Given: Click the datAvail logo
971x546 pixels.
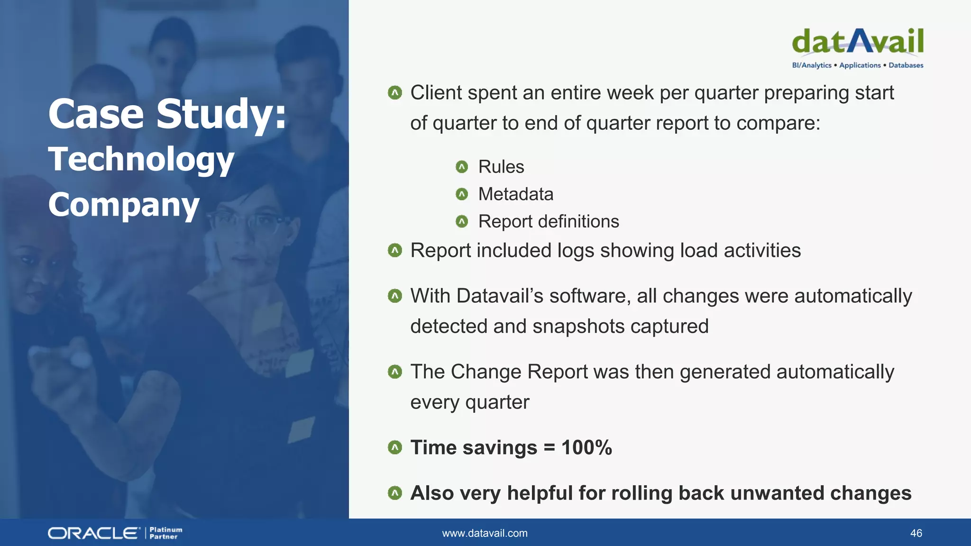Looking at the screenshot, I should (x=857, y=42).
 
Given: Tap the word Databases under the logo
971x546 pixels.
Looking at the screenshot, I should (x=906, y=65).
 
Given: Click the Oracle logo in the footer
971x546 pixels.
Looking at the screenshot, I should (x=94, y=533).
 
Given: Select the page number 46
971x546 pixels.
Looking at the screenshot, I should (x=916, y=533).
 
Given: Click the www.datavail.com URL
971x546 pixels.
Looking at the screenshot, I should (x=485, y=533).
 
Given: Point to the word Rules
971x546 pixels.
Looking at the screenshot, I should (x=501, y=167).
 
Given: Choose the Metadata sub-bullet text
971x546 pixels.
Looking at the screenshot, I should (x=516, y=194).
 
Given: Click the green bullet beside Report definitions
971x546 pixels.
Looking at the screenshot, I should (x=462, y=221).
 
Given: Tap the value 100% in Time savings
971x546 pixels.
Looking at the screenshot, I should (x=586, y=447).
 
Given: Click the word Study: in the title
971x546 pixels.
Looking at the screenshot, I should (x=221, y=114).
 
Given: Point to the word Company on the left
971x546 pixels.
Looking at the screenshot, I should (x=124, y=205).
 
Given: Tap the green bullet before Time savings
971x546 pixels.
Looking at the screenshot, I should (x=394, y=447).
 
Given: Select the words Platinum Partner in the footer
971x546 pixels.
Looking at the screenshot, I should (x=165, y=533).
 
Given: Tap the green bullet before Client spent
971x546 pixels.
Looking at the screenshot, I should (x=394, y=92).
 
